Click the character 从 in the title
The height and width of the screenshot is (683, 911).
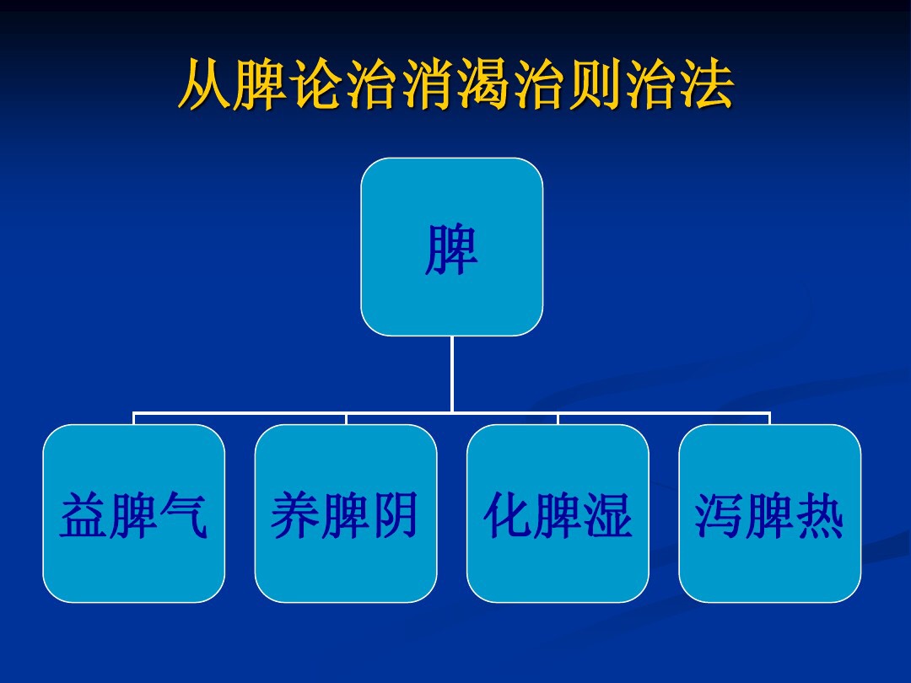point(205,85)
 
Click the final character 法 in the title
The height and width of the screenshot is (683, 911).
point(706,85)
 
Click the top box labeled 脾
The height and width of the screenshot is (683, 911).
point(451,247)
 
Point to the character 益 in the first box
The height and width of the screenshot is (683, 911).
point(84,516)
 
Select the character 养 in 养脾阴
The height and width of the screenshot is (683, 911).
point(295,516)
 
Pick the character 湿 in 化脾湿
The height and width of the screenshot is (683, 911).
point(608,516)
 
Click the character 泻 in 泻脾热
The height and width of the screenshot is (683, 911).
point(720,516)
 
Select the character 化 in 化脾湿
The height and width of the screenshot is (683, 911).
point(508,516)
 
